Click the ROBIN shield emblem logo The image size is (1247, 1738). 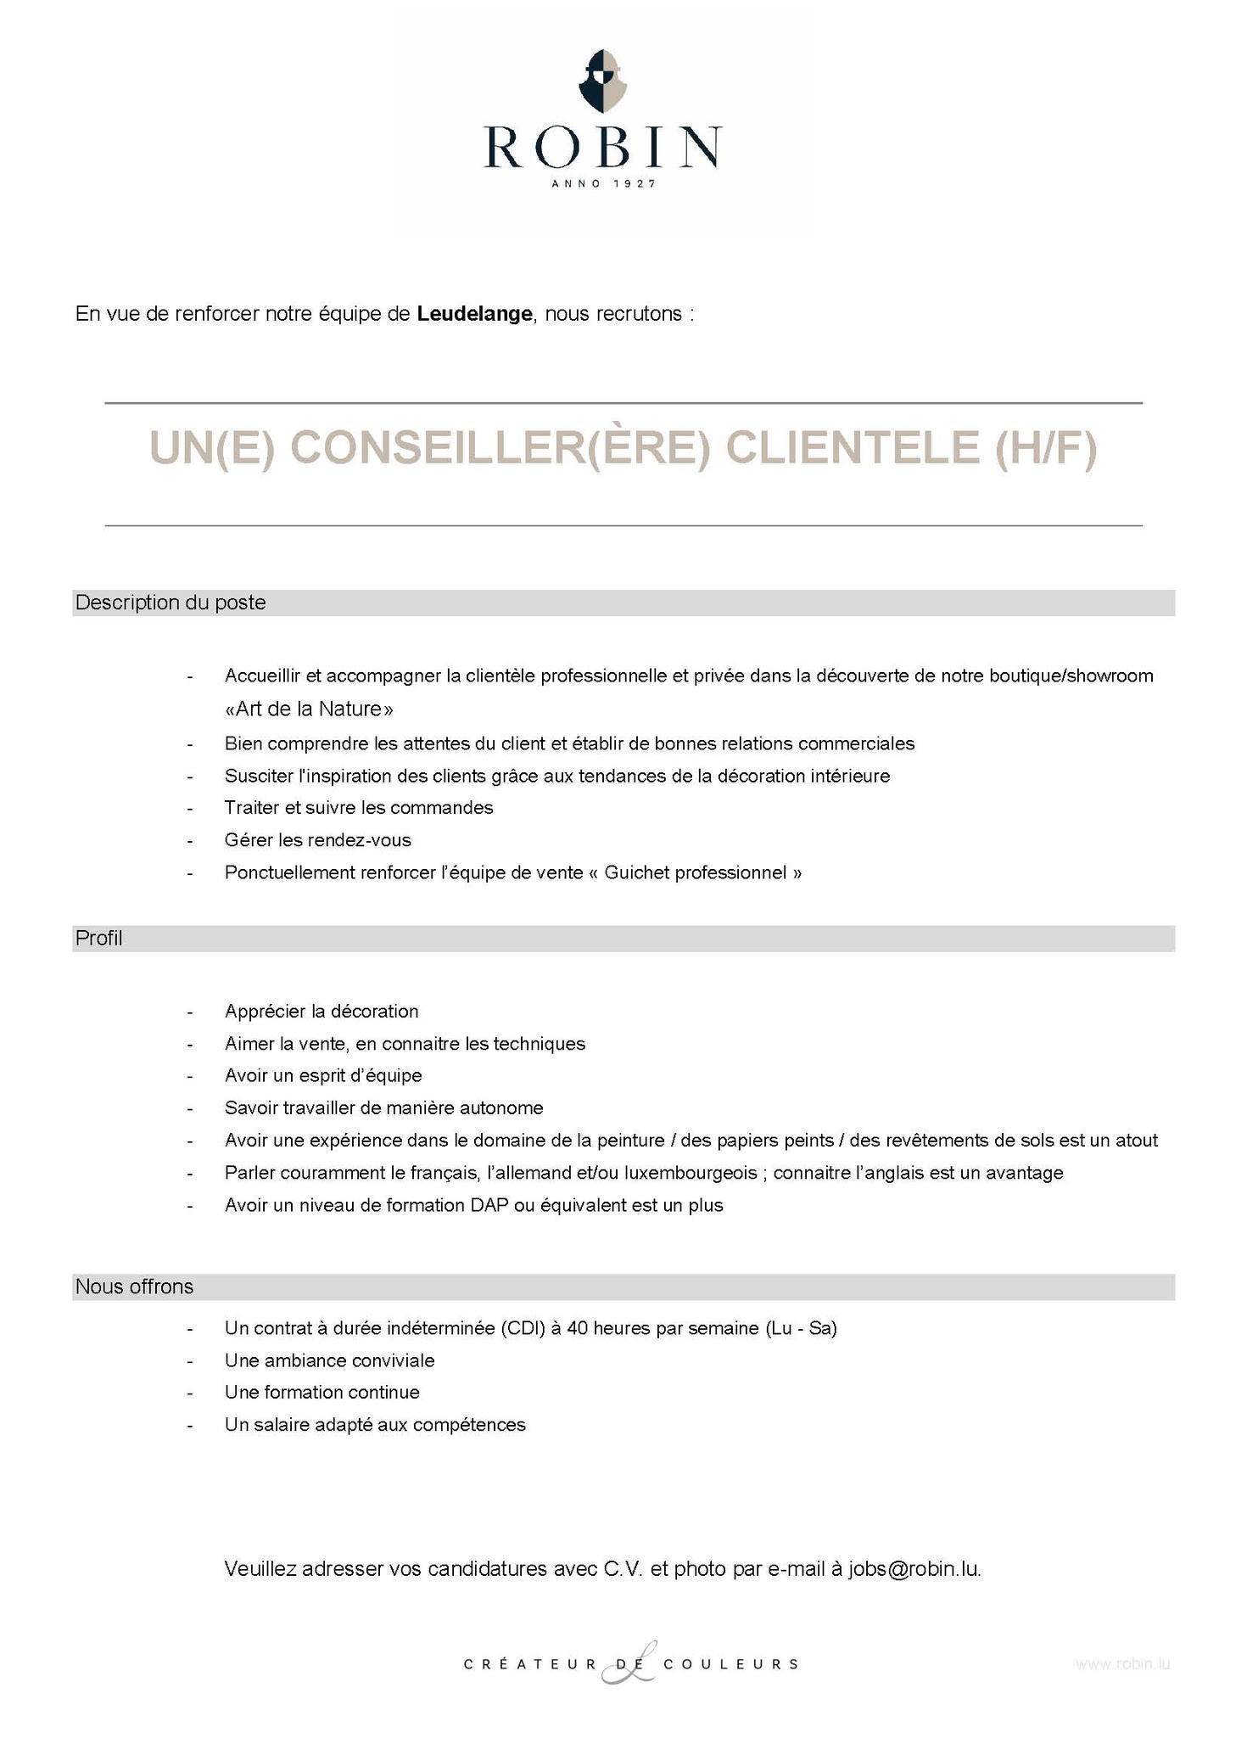(x=602, y=81)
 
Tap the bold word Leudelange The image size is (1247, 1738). (x=474, y=314)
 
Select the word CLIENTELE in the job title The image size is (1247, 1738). (x=852, y=448)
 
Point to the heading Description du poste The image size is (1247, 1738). (x=171, y=603)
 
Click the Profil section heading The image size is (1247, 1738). (x=99, y=938)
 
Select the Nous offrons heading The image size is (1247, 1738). (x=134, y=1287)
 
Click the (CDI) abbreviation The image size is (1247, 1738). (x=522, y=1328)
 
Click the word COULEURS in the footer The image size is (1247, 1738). (x=730, y=1664)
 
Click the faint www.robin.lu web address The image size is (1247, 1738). (x=1122, y=1664)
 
